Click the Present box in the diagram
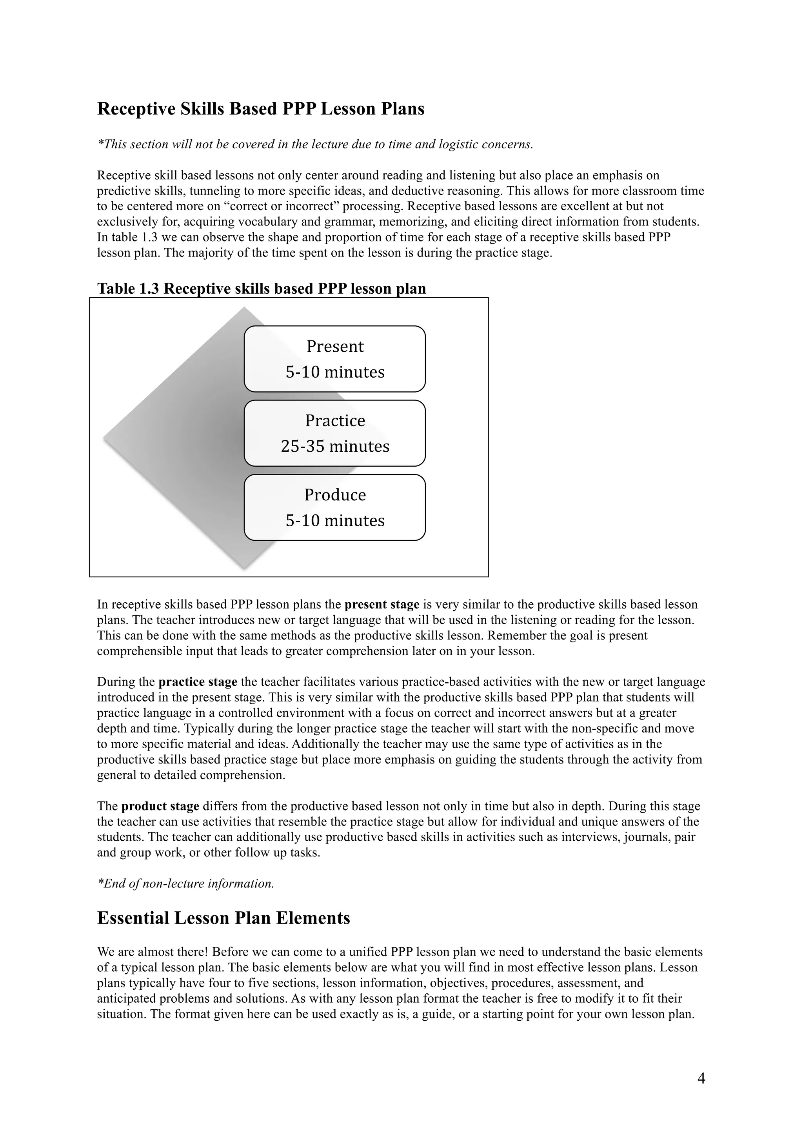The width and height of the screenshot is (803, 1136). tap(334, 359)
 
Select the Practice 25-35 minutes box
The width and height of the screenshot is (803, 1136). tap(334, 433)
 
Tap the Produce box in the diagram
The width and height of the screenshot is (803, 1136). tap(334, 507)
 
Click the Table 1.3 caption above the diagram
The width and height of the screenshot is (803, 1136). tap(261, 289)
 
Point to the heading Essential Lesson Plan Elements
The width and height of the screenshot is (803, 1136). tap(223, 918)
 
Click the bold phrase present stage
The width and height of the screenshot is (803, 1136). tap(382, 605)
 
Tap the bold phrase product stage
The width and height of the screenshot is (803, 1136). tap(160, 807)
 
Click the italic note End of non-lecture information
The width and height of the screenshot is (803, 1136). tap(185, 884)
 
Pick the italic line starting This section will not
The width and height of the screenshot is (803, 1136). tap(315, 144)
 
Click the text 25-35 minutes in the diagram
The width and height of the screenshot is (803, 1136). tap(335, 446)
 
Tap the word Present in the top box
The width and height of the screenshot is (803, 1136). tap(335, 346)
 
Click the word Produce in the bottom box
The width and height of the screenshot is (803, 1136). tap(335, 495)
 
